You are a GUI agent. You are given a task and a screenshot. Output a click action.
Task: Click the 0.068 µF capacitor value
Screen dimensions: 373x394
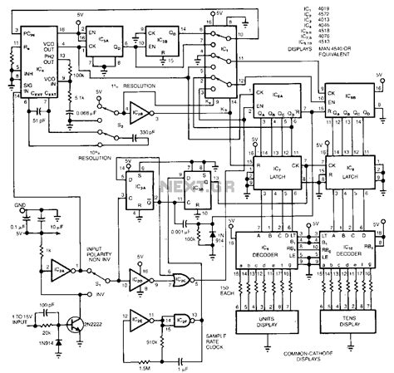coord(84,101)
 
